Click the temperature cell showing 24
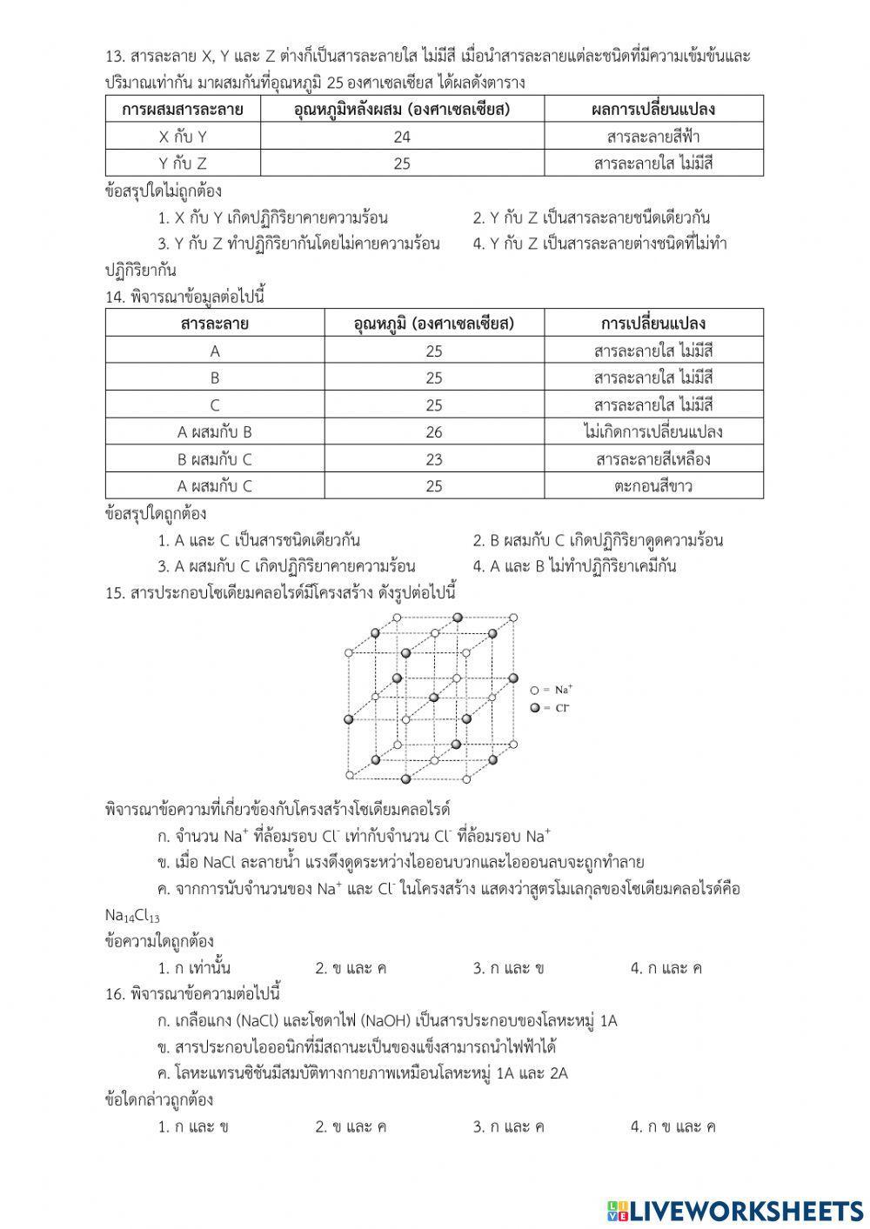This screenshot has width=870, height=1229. [401, 137]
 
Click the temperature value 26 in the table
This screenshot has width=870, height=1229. [434, 431]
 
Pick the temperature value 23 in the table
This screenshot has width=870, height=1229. [434, 459]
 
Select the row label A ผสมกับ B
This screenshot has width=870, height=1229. [215, 431]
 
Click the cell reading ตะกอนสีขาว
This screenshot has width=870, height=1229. [652, 486]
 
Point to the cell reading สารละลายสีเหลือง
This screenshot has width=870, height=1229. [652, 459]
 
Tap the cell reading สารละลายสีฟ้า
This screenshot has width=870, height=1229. [652, 137]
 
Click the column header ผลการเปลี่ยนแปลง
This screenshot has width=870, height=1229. [652, 110]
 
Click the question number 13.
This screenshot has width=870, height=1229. [114, 57]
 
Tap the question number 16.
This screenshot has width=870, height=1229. [114, 994]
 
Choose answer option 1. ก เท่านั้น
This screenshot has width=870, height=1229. [194, 968]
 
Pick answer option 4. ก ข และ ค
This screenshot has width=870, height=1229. [673, 1126]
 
